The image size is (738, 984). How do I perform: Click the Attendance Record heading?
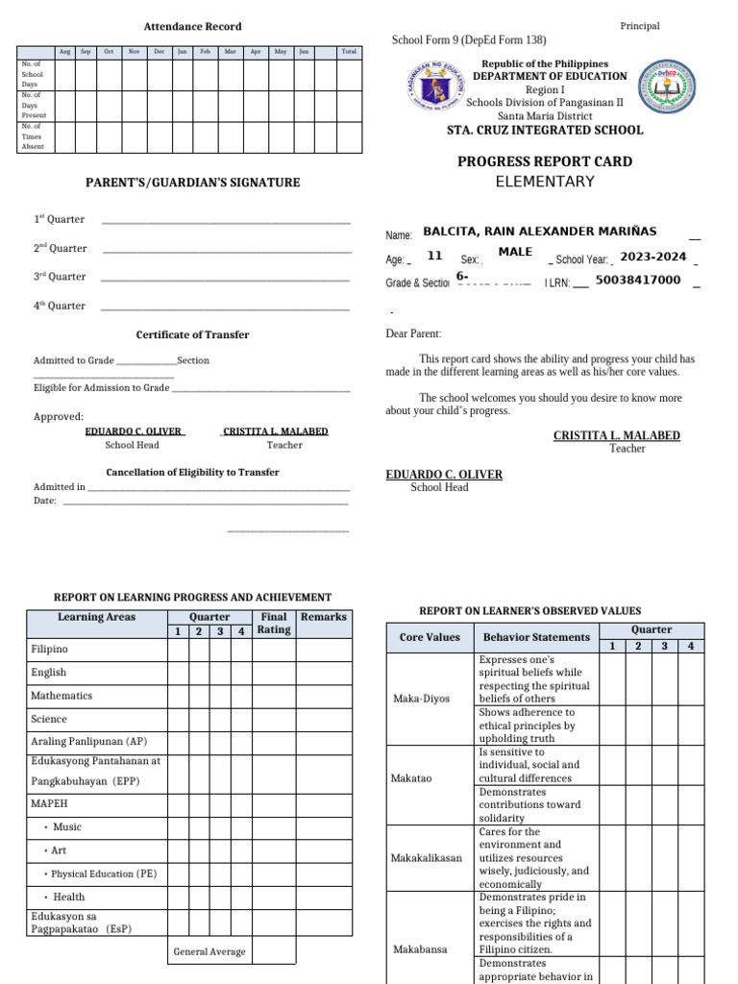pos(192,27)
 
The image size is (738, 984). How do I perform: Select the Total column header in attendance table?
pos(348,51)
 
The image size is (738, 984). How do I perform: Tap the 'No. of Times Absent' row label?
pos(33,136)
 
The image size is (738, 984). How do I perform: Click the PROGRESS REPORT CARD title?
pos(544,161)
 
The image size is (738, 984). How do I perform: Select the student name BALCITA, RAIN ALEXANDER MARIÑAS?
pos(540,232)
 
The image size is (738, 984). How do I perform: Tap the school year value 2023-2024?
pos(652,257)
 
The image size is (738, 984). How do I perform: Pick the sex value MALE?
pos(515,252)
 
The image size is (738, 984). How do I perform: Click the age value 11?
pos(434,257)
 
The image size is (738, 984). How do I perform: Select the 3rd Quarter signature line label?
pos(60,277)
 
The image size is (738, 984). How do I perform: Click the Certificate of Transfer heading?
pos(192,334)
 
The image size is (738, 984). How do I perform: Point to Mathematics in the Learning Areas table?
pos(61,696)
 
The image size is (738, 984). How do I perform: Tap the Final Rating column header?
pos(273,624)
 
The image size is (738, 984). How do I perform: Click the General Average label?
pos(209,951)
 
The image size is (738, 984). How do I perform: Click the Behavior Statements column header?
pos(536,637)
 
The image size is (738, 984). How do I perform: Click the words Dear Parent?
pos(413,333)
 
